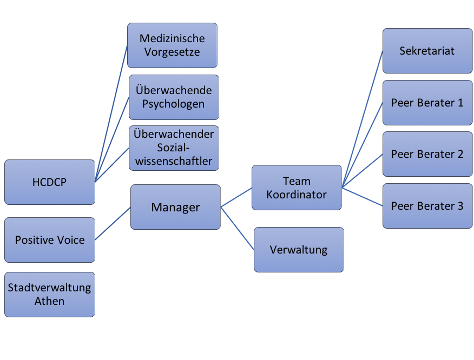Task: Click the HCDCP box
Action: tap(50, 182)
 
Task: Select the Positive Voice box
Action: tap(50, 240)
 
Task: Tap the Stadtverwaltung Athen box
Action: tap(50, 295)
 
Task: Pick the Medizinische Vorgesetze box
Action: tap(172, 45)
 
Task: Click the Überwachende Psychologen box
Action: tap(174, 97)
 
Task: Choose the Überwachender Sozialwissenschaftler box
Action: tap(174, 148)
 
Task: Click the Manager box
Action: tap(176, 207)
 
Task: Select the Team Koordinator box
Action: tap(297, 188)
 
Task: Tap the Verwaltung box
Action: tap(299, 250)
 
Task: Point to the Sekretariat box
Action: tap(427, 51)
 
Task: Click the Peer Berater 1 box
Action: tap(427, 103)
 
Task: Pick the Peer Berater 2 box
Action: tap(427, 154)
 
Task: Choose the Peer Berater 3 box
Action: tap(427, 206)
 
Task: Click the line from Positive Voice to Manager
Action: tap(113, 223)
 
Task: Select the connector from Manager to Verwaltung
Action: tap(238, 228)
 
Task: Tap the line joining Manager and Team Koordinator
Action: tap(236, 197)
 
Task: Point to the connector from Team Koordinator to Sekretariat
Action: tap(362, 119)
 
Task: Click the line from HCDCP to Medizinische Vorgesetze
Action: tap(111, 114)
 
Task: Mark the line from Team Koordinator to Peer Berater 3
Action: tap(362, 197)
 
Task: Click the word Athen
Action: tap(49, 301)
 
